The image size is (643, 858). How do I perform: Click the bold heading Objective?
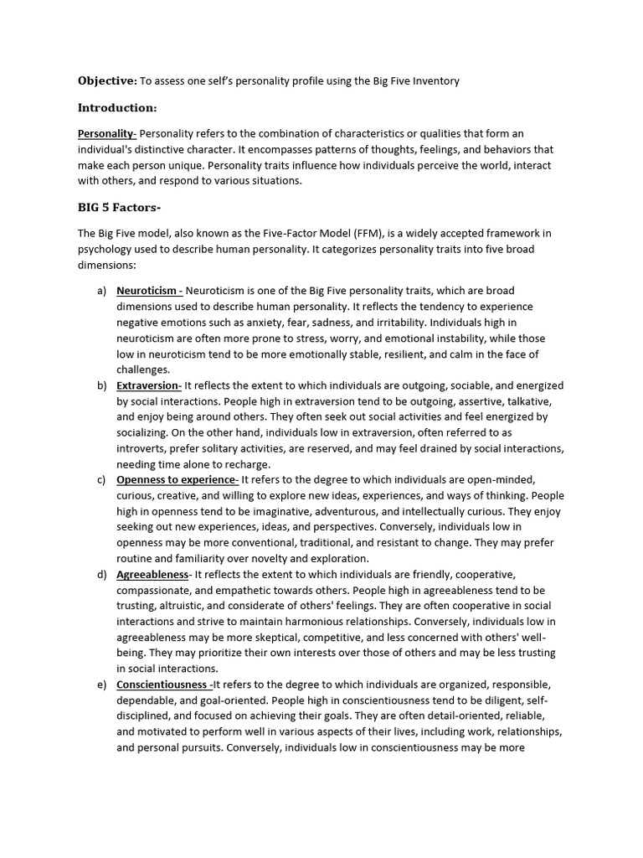(x=106, y=80)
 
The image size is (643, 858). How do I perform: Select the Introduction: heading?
(x=117, y=107)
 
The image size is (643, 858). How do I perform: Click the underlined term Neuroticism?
(x=148, y=291)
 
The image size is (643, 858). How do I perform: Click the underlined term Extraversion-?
(x=149, y=385)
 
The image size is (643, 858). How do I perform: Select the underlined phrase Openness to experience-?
(x=177, y=480)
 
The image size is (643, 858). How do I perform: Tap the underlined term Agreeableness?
(x=152, y=575)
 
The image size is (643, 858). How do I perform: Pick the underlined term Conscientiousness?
(x=162, y=685)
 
